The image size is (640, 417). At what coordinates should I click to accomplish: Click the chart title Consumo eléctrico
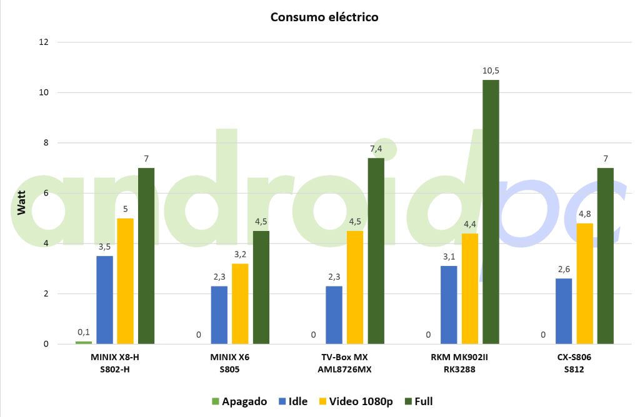tap(324, 17)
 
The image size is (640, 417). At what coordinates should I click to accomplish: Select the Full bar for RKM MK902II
tap(491, 212)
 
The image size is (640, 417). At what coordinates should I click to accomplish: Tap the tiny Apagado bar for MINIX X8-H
tap(84, 342)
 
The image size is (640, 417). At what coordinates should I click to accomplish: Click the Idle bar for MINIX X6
tap(219, 315)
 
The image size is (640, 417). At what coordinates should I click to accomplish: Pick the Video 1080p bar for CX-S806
tap(584, 283)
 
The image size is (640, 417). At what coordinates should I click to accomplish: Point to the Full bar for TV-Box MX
tap(376, 251)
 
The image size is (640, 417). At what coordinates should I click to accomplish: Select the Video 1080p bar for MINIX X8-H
tap(125, 281)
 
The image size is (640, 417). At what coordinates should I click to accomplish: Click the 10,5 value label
tap(491, 71)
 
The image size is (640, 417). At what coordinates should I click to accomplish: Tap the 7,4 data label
tap(376, 149)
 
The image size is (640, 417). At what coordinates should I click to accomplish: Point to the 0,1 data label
tap(84, 332)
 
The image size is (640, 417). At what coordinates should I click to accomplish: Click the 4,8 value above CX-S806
tap(584, 213)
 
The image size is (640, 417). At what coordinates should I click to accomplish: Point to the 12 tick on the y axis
tap(43, 42)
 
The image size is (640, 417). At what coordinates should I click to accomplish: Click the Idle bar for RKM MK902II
tap(449, 305)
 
